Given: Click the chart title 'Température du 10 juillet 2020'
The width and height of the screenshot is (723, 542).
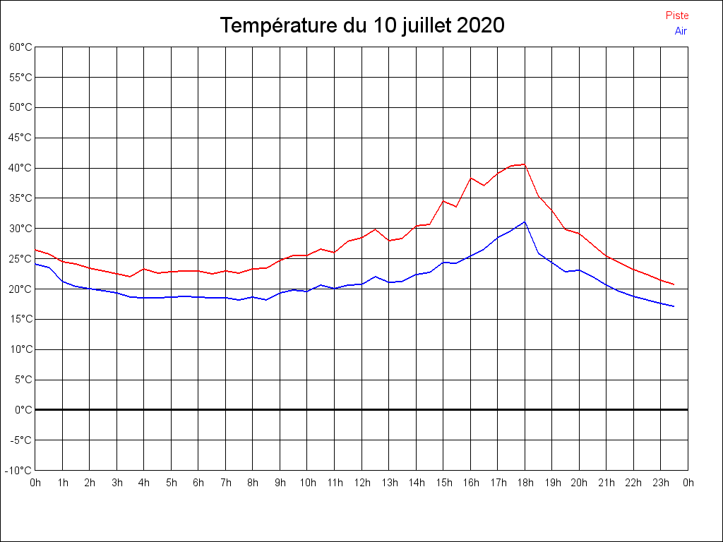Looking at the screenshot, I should tap(361, 25).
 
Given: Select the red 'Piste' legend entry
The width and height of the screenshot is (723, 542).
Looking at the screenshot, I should tap(677, 16).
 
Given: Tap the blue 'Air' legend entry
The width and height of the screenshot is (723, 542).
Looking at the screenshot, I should tap(681, 31).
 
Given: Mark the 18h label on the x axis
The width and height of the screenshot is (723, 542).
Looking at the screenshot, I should tap(525, 483).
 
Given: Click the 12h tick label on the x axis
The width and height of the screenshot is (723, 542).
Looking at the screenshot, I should tap(361, 483).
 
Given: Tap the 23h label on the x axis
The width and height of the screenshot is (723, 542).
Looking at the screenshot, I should tap(661, 483).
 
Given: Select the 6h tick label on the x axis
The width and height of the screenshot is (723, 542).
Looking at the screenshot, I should tap(198, 483).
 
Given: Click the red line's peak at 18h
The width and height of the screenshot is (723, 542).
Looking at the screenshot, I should tap(525, 164).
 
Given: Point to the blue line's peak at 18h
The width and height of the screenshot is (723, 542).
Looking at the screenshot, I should tap(525, 222).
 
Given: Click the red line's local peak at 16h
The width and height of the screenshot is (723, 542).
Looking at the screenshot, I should tap(470, 178).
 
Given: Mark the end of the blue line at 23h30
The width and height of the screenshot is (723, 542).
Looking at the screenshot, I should tap(674, 306).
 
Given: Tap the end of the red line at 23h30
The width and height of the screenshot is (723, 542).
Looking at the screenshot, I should tap(674, 284).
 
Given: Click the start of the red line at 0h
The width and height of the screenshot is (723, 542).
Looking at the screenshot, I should tap(35, 250).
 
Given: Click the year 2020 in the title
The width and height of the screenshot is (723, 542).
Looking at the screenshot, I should tap(480, 25).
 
